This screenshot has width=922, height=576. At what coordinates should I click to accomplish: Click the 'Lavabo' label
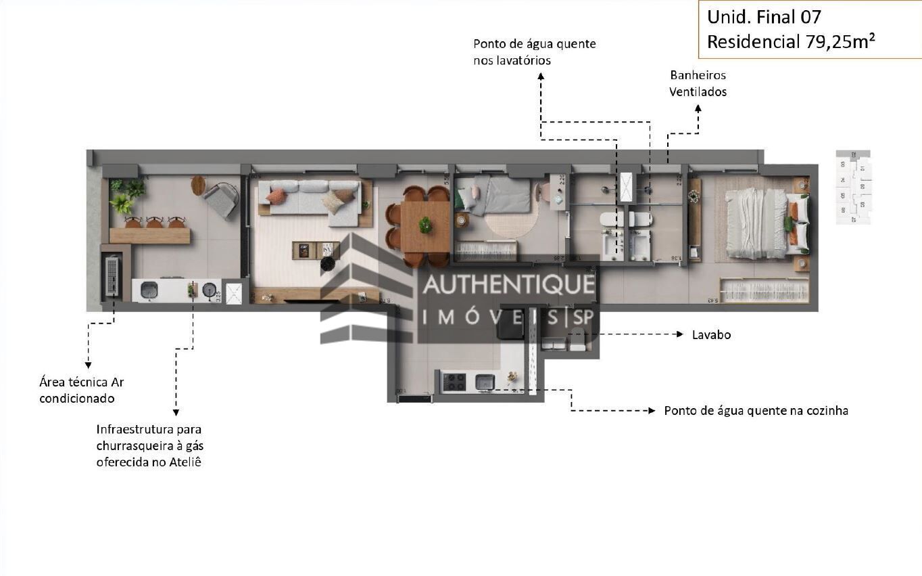pyautogui.click(x=711, y=335)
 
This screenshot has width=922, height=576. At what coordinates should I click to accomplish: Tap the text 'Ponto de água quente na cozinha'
pyautogui.click(x=756, y=411)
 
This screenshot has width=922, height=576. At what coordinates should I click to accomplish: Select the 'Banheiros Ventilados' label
pyautogui.click(x=698, y=83)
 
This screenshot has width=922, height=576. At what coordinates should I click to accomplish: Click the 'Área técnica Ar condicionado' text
pyautogui.click(x=81, y=391)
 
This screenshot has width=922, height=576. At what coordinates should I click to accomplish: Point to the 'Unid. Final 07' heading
pyautogui.click(x=764, y=16)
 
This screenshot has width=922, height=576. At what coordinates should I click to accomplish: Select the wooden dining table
pyautogui.click(x=424, y=226)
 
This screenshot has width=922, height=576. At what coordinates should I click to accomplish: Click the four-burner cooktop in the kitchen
pyautogui.click(x=454, y=382)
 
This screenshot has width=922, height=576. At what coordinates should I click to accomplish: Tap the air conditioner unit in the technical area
pyautogui.click(x=112, y=275)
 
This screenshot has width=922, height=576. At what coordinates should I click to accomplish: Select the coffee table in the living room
pyautogui.click(x=316, y=250)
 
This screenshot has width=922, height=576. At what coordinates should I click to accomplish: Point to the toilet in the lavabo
pyautogui.click(x=577, y=338)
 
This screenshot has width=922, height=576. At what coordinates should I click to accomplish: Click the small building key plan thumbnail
pyautogui.click(x=853, y=187)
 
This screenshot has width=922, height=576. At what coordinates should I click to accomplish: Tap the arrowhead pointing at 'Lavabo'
pyautogui.click(x=679, y=334)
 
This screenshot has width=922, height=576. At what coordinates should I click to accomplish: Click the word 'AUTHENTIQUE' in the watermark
pyautogui.click(x=508, y=285)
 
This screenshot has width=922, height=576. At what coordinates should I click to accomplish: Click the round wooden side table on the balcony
pyautogui.click(x=198, y=185)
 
